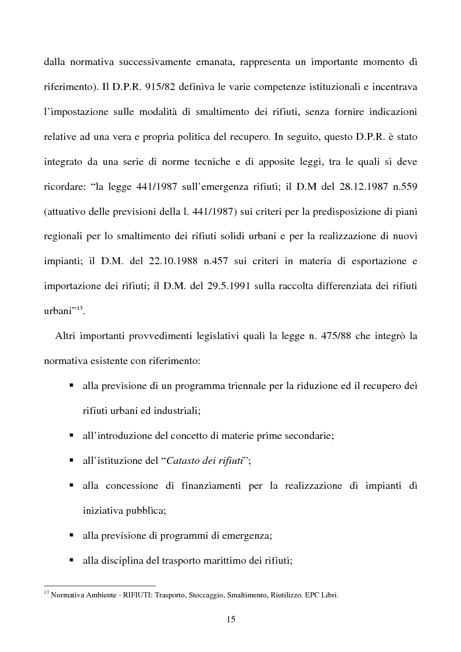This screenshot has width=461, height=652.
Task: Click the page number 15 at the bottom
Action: coord(230,619)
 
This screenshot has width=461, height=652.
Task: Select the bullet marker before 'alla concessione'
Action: coord(71,485)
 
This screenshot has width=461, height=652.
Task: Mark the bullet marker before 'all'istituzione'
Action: coord(71,460)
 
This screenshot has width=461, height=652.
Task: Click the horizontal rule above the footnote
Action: coord(99,586)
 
